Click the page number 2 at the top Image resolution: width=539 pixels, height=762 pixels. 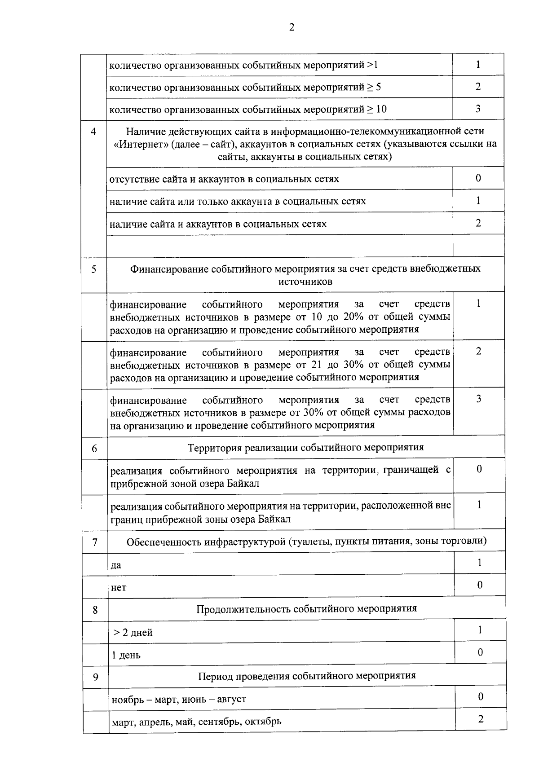[x=292, y=28]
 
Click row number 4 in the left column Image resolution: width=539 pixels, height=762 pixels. [x=93, y=132]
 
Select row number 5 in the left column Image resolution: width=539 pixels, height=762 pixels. [x=93, y=269]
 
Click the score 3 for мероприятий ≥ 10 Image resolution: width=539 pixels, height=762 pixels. [x=478, y=109]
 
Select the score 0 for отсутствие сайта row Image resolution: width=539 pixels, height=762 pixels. [x=478, y=178]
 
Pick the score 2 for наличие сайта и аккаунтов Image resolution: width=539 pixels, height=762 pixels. [x=478, y=223]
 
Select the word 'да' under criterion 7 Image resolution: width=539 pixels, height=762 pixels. [x=116, y=565]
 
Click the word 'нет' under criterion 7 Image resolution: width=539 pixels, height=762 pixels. [x=119, y=587]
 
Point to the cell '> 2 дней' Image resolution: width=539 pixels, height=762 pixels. [x=133, y=633]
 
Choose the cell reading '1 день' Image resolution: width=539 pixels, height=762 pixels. [x=126, y=655]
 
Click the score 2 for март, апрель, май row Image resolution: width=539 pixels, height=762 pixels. [x=481, y=719]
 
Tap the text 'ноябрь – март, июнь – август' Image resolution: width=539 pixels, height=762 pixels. [x=179, y=699]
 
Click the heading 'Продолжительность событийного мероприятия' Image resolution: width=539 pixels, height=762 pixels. [x=306, y=609]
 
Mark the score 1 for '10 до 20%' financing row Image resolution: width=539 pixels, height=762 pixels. [x=478, y=304]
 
